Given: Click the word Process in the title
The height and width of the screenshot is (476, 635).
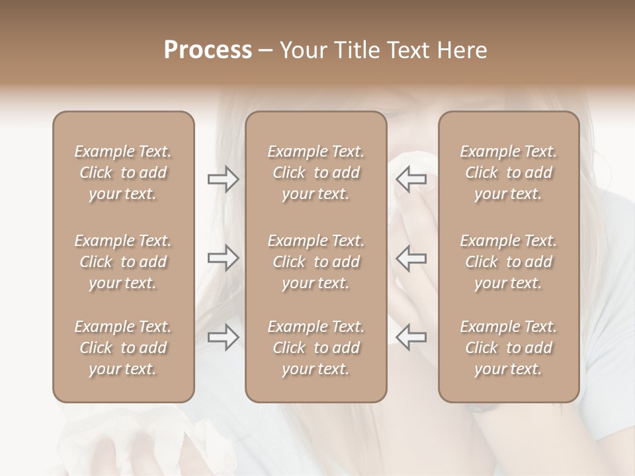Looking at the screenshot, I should (x=208, y=50).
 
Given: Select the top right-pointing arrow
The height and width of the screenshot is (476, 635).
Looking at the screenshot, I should (x=223, y=179).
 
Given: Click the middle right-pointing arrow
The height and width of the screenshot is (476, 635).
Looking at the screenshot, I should (x=223, y=258).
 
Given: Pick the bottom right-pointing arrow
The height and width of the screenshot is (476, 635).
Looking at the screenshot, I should (x=223, y=337).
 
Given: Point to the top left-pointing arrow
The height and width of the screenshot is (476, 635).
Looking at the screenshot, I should (x=411, y=179).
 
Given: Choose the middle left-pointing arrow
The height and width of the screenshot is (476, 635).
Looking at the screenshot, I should (x=411, y=258).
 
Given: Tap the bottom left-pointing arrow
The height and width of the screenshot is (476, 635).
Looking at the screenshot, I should (x=411, y=337).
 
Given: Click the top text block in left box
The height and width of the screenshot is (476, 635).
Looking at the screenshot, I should (x=123, y=173).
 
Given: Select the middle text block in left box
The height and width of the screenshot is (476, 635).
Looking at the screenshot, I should (x=123, y=262).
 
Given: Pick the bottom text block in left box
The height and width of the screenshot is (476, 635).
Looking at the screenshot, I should (x=123, y=348).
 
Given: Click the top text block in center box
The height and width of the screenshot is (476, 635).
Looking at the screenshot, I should (x=316, y=173).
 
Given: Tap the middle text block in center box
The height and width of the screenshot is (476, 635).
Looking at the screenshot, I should (x=316, y=262).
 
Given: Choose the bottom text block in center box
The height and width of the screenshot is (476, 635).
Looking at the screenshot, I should (x=316, y=348).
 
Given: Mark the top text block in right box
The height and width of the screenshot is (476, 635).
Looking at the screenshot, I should (x=509, y=173).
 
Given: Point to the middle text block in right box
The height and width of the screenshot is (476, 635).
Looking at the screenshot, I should (x=509, y=262).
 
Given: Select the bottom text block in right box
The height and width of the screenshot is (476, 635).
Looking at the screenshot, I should (x=509, y=348).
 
